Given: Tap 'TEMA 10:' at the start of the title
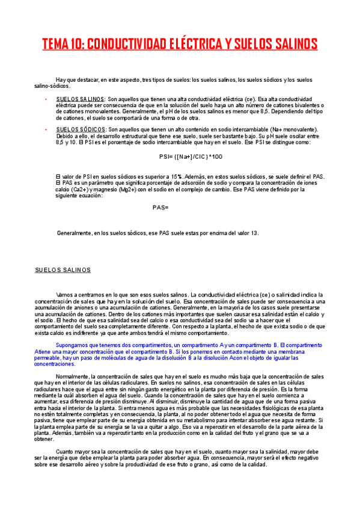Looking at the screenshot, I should tap(63, 45).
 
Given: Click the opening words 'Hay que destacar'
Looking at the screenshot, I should tap(75, 80).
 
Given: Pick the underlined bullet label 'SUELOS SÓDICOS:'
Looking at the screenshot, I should tap(81, 129).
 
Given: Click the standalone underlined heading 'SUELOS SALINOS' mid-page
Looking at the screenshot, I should tap(63, 270).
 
